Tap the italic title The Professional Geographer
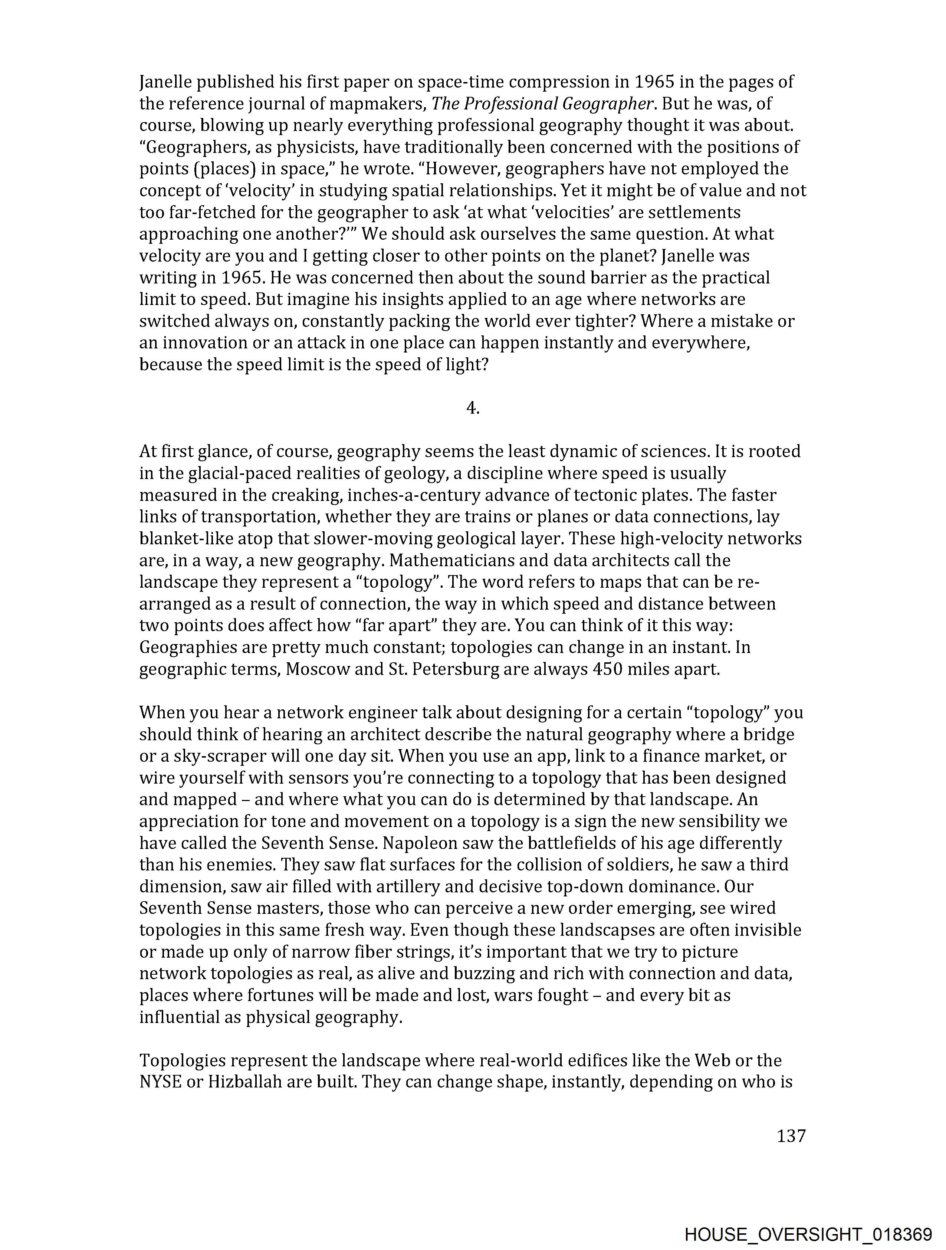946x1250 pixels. tap(542, 104)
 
